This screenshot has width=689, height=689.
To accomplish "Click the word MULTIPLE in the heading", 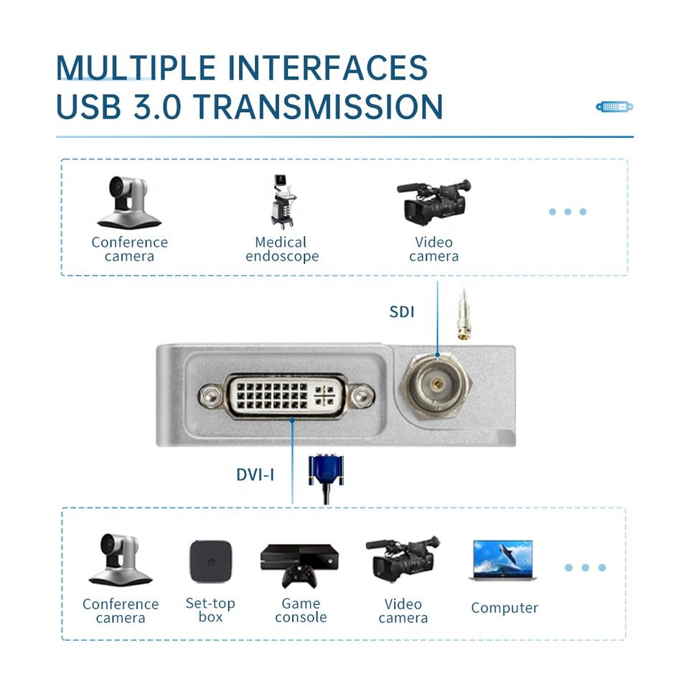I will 136,68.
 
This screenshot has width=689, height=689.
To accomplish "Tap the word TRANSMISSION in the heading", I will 318,107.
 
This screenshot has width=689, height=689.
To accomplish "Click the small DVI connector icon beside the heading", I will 614,107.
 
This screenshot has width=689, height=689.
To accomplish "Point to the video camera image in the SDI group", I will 433,202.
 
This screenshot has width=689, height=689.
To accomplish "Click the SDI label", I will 402,312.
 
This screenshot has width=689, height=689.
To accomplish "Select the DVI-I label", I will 256,474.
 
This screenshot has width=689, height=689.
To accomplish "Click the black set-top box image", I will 210,561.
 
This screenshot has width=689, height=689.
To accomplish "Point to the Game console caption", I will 301,611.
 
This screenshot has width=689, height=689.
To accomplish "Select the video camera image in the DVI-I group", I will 403,560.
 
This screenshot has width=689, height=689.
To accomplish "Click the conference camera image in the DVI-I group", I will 120,560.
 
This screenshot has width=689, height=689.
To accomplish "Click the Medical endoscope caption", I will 282,250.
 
